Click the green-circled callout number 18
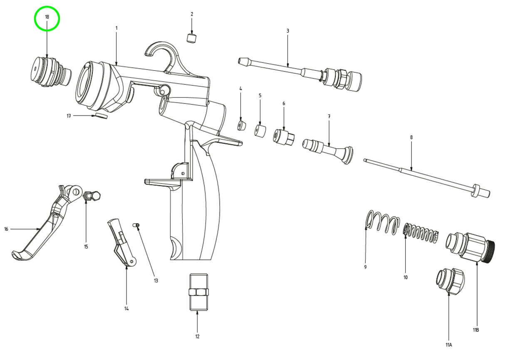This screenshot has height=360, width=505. tap(47, 17)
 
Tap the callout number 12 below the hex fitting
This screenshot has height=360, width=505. tap(197, 336)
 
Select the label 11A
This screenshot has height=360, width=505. tap(449, 345)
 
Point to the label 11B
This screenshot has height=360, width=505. tap(476, 330)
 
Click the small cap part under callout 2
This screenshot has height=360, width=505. tap(191, 38)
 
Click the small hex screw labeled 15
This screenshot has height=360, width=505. tap(92, 195)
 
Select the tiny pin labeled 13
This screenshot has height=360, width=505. tap(136, 225)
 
